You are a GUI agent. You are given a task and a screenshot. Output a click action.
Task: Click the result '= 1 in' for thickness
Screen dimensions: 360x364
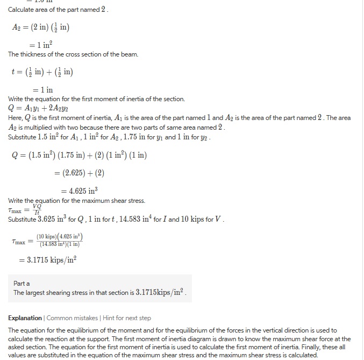[x=42, y=90]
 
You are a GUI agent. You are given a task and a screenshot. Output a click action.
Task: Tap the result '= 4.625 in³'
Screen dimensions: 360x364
[x=79, y=191]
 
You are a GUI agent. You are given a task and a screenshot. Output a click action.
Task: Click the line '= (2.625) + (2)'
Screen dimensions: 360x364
[x=79, y=173]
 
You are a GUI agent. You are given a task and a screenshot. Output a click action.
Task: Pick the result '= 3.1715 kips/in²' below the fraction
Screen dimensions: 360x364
[x=48, y=259]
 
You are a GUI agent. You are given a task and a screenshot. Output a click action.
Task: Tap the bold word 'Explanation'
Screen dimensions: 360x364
[x=25, y=318]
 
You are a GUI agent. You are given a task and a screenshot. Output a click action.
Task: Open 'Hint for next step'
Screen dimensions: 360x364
[x=126, y=318]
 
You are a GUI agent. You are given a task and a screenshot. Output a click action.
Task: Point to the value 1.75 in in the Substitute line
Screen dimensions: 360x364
[x=148, y=137]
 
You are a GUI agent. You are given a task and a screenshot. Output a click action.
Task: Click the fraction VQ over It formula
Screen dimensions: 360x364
[x=37, y=209]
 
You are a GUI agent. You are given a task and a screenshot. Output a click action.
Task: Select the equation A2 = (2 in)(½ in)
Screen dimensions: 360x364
[x=40, y=28]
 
